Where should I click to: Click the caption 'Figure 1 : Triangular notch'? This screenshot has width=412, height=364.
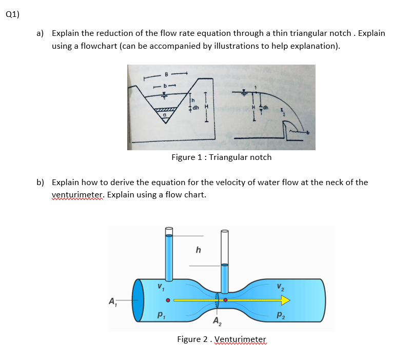click(x=221, y=157)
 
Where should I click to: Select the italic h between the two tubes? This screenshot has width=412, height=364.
click(x=199, y=251)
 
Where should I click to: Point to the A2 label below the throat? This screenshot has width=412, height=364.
click(x=218, y=322)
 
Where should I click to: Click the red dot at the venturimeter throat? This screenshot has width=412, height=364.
click(x=225, y=300)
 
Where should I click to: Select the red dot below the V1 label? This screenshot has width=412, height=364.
click(x=167, y=300)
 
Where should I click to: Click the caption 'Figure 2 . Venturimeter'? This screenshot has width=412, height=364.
click(x=222, y=339)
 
